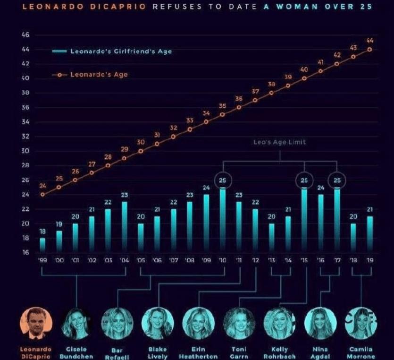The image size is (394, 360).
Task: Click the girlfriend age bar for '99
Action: click(42, 244)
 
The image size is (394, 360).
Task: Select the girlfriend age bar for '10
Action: click(223, 219)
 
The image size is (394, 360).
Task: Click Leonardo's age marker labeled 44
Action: click(369, 49)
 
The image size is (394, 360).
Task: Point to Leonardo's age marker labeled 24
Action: click(42, 194)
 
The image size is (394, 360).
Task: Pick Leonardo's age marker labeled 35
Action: click(222, 114)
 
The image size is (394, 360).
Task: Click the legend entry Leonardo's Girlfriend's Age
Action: click(121, 51)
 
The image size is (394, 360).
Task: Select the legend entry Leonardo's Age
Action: click(99, 75)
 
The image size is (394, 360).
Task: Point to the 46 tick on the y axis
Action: click(25, 35)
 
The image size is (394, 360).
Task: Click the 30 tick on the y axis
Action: click(25, 151)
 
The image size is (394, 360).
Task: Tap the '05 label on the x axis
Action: click(141, 260)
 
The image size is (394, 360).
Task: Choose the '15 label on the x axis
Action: click(304, 260)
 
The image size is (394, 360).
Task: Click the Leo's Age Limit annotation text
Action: click(279, 142)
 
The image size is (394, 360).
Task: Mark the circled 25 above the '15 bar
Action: click(304, 180)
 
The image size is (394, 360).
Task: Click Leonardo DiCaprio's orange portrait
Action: click(36, 324)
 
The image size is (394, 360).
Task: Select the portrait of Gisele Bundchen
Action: click(76, 324)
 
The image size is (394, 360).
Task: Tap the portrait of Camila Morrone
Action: click(361, 324)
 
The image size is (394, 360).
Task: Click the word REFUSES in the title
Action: click(175, 7)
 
